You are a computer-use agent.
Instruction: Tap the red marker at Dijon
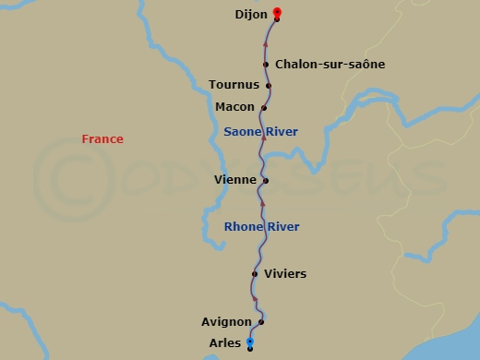[x=277, y=13]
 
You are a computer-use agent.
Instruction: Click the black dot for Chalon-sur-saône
[x=266, y=65]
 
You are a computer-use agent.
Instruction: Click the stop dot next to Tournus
[x=269, y=86]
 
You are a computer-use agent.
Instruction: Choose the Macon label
[x=234, y=107]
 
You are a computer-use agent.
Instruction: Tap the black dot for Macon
[x=264, y=108]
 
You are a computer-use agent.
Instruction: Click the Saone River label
[x=260, y=132]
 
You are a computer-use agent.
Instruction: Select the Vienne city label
[x=233, y=180]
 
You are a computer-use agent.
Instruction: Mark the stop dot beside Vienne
[x=265, y=181]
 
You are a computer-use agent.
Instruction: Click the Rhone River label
[x=261, y=227]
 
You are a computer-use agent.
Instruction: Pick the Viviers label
[x=285, y=274]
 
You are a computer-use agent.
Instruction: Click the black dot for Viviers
[x=255, y=274]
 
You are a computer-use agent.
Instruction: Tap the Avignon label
[x=226, y=322]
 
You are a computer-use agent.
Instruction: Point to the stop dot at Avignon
[x=261, y=322]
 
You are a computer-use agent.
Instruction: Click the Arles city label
[x=226, y=343]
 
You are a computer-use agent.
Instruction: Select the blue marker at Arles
[x=250, y=342]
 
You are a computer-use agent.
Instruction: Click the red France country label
[x=102, y=139]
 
